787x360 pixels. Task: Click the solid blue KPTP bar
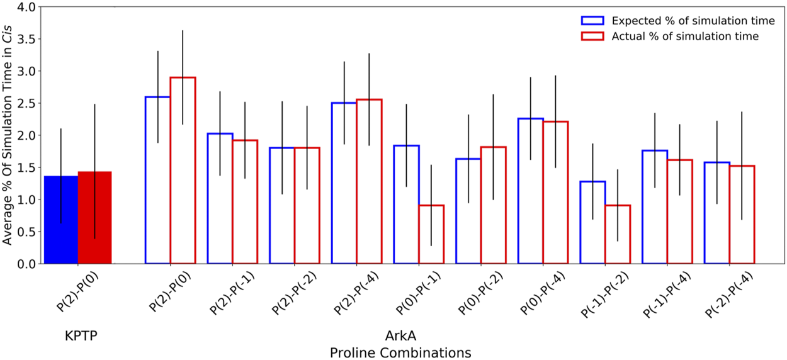pos(61,220)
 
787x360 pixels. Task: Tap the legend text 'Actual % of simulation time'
pos(685,37)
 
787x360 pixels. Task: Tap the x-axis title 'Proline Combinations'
pos(400,352)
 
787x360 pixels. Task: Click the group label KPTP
pos(81,336)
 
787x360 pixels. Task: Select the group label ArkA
pos(400,336)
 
